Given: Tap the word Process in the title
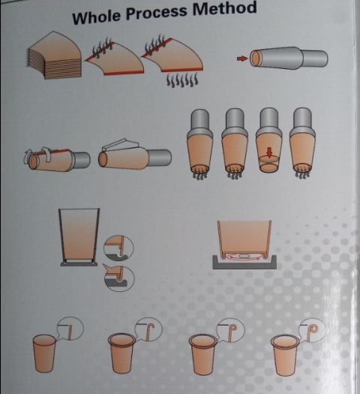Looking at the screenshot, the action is pyautogui.click(x=156, y=13).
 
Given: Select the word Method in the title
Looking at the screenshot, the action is pyautogui.click(x=224, y=9).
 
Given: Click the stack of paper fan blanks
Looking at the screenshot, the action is pyautogui.click(x=55, y=55).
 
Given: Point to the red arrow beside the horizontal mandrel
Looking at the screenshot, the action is pyautogui.click(x=242, y=59).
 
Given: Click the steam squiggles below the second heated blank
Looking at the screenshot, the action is pyautogui.click(x=182, y=80).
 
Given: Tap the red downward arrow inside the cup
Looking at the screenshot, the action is pyautogui.click(x=269, y=152).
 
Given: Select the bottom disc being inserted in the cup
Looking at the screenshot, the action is pyautogui.click(x=269, y=159).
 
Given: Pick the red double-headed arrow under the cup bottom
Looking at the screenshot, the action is pyautogui.click(x=242, y=257).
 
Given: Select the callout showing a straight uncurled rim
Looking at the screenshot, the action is pyautogui.click(x=70, y=328).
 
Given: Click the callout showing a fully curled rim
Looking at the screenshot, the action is pyautogui.click(x=313, y=329).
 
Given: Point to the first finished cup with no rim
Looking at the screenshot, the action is pyautogui.click(x=44, y=353).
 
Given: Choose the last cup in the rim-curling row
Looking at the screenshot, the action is pyautogui.click(x=285, y=355).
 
